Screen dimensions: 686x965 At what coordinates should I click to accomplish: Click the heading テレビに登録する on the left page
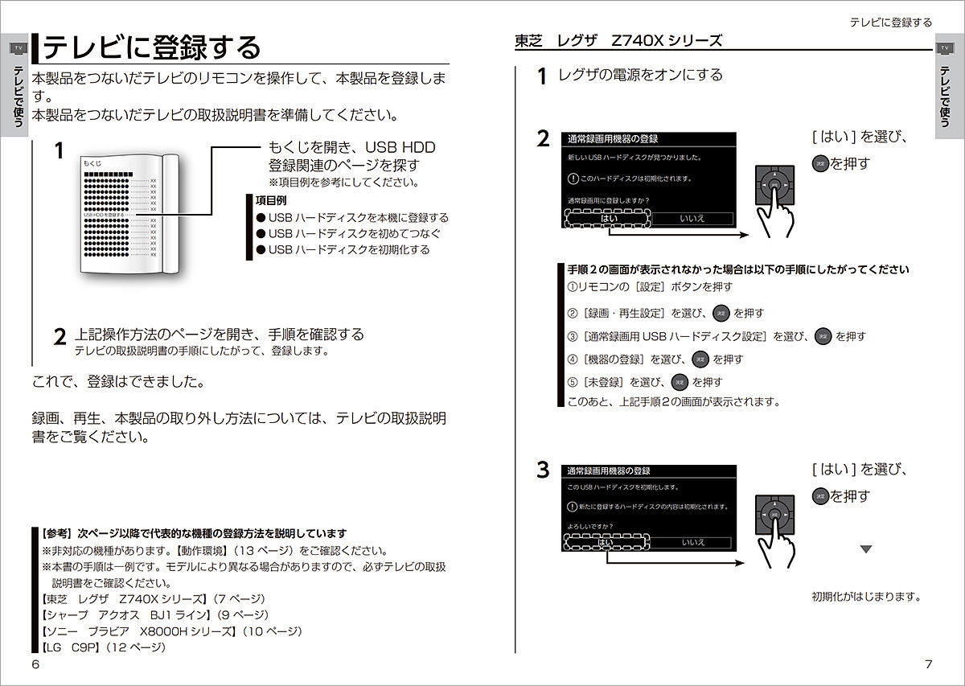(153, 47)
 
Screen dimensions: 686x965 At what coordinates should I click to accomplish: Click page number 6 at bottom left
(35, 663)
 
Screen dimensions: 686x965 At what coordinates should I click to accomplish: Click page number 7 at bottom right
(928, 663)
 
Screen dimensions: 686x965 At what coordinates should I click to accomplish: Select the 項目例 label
(271, 200)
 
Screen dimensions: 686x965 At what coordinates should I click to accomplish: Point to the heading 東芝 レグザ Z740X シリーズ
(618, 40)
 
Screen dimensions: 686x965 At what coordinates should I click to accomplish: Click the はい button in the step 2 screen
(609, 218)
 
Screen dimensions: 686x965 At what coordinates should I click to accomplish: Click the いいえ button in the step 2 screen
(692, 218)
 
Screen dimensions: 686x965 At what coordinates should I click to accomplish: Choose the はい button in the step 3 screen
(606, 543)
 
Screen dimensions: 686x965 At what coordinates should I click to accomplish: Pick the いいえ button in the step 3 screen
(693, 543)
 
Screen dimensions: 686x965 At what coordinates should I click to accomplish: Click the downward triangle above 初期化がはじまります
(866, 549)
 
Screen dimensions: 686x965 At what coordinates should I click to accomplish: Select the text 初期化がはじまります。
(865, 597)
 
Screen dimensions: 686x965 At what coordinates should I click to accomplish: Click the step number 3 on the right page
(544, 470)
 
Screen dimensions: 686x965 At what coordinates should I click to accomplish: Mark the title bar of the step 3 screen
(649, 470)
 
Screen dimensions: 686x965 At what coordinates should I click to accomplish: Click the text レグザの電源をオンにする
(640, 75)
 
